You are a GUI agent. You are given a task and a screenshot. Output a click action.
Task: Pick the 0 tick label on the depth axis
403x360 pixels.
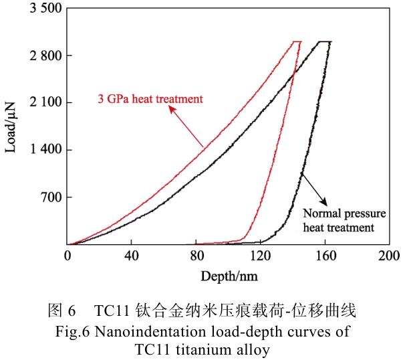pos(67,256)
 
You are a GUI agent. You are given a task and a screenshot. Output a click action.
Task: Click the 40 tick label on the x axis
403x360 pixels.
pos(131,256)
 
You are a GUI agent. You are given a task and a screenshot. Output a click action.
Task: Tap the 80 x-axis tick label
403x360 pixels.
pos(195,256)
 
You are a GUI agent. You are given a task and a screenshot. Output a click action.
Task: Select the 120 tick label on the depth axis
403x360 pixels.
pos(259,256)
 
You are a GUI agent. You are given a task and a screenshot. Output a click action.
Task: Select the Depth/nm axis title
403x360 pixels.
pos(227,275)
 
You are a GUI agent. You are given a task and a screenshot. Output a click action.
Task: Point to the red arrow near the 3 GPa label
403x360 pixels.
pos(186,127)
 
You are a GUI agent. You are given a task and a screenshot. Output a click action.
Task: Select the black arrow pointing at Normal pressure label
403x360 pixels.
pos(313,189)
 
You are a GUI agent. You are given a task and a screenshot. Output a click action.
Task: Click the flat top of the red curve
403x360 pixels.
pos(297,41)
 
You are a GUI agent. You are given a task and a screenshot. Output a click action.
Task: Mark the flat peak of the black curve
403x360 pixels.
pos(325,41)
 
